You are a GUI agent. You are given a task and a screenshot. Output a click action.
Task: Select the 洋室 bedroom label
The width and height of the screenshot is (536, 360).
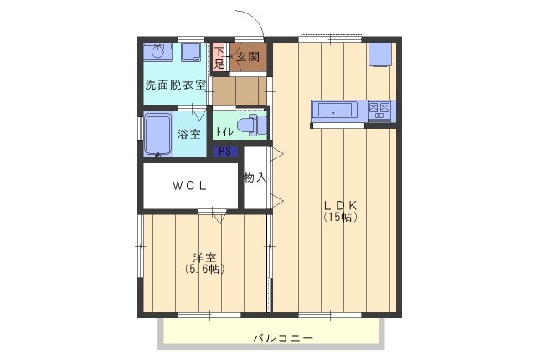pyautogui.click(x=204, y=258)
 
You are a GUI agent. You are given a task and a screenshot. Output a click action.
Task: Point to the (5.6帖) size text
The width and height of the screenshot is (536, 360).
pyautogui.click(x=204, y=270)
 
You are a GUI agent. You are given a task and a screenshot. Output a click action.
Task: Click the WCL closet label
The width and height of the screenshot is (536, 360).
pyautogui.click(x=190, y=185)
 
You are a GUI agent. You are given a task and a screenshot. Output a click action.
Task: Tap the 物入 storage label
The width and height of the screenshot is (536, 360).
pyautogui.click(x=255, y=177)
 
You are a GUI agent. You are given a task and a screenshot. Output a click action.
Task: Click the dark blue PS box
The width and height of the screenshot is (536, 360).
pyautogui.click(x=224, y=152)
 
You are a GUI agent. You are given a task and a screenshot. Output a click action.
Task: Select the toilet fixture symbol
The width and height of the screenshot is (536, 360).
pyautogui.click(x=250, y=126)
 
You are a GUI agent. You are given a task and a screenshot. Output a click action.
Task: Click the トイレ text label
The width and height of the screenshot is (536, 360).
pyautogui.click(x=224, y=131)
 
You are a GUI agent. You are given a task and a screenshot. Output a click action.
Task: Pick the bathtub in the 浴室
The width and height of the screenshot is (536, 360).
pyautogui.click(x=157, y=135)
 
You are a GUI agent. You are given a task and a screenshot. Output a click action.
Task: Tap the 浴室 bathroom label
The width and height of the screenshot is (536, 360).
pyautogui.click(x=188, y=134)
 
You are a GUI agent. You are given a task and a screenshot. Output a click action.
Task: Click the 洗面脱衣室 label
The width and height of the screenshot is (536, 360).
pyautogui.click(x=175, y=85)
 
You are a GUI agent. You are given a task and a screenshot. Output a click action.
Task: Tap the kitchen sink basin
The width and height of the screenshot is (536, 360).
pyautogui.click(x=335, y=110)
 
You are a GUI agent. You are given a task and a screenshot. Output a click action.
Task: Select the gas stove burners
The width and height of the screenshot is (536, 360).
pyautogui.click(x=381, y=110)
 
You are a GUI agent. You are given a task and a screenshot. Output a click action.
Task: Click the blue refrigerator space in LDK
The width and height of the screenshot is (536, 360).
pyautogui.click(x=381, y=53)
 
